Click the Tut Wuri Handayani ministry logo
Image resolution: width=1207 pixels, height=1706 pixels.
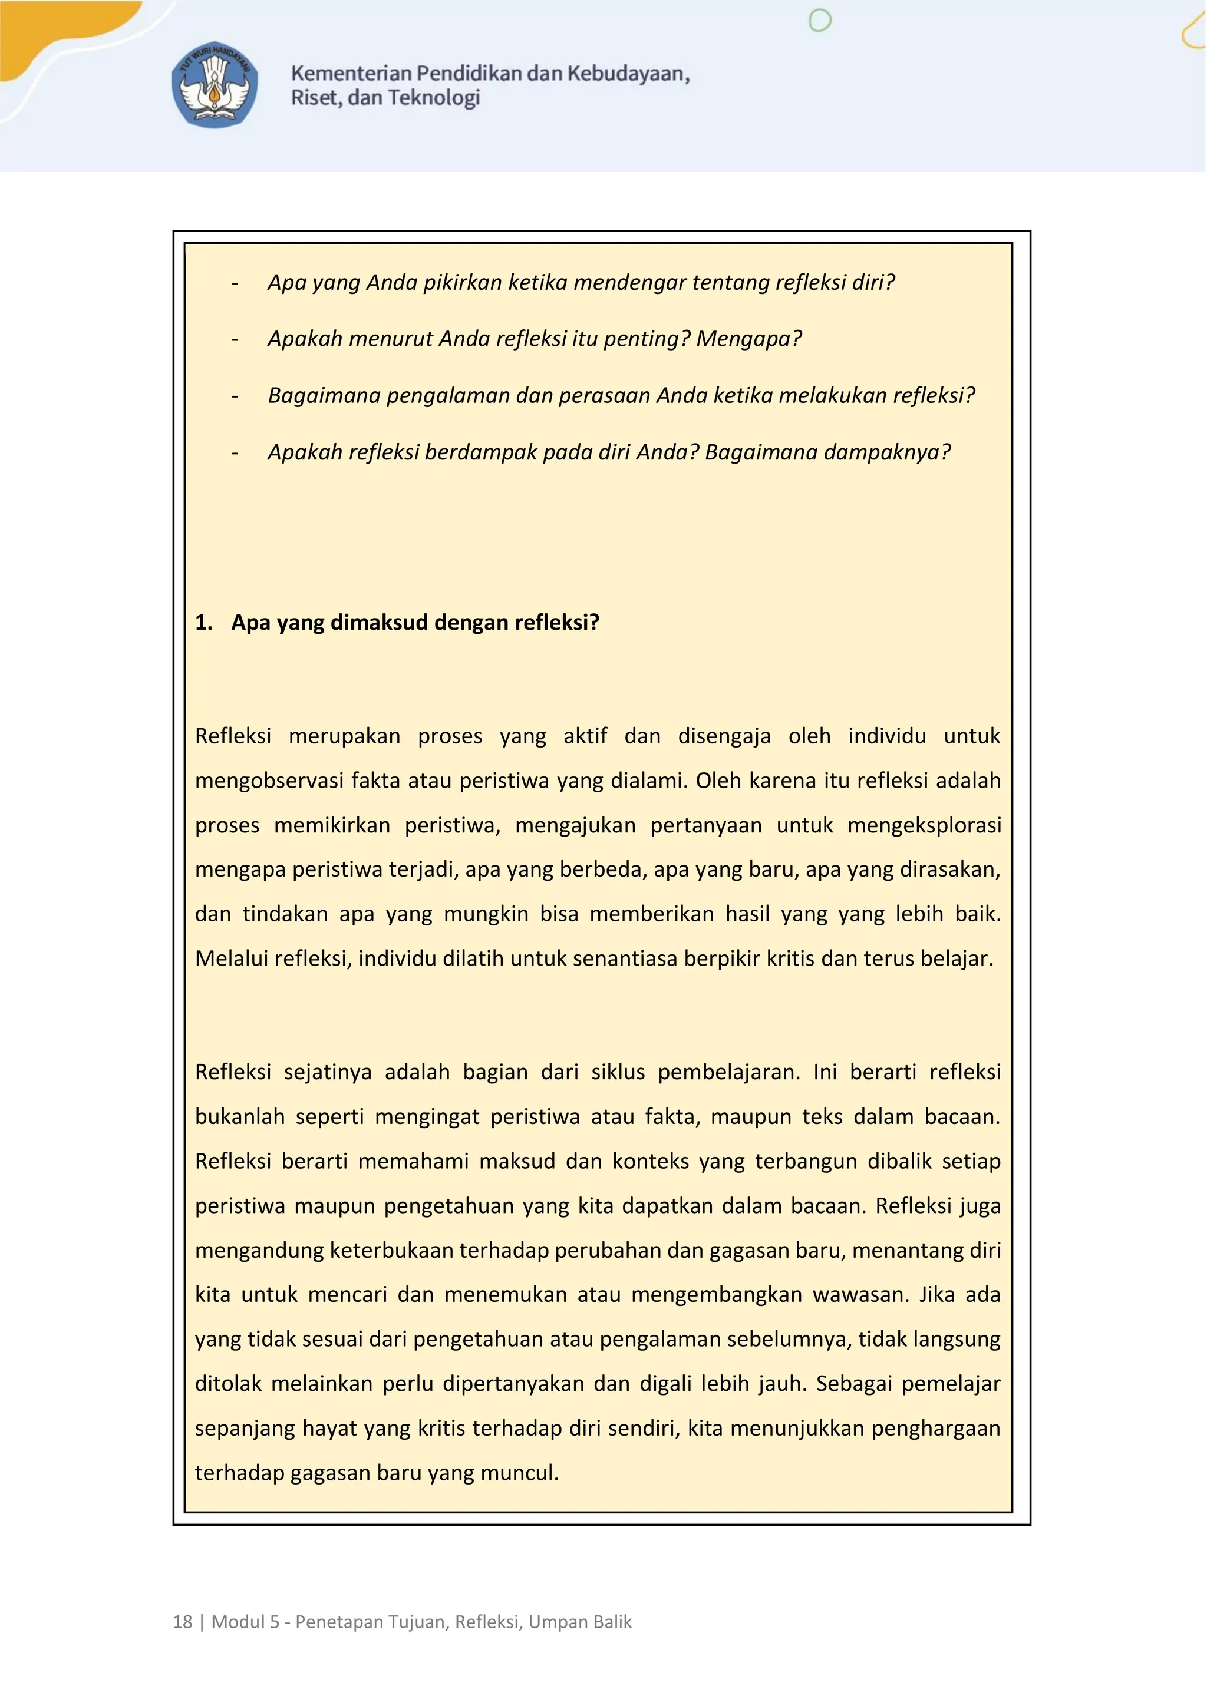[x=215, y=84]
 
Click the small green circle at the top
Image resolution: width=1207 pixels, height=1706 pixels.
[x=819, y=21]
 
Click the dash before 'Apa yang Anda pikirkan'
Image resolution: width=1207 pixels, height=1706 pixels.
[x=235, y=283]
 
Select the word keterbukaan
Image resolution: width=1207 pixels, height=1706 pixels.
[x=392, y=1250]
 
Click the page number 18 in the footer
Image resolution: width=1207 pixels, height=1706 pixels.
[x=182, y=1622]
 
